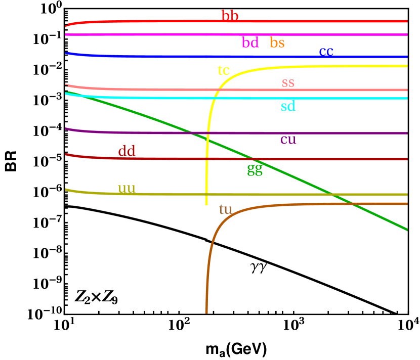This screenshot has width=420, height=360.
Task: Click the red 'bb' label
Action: pos(230,16)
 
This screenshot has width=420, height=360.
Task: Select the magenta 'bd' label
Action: pos(250,43)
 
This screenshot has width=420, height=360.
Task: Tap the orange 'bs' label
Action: pos(277,43)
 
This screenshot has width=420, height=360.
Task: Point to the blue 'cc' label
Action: pos(326,51)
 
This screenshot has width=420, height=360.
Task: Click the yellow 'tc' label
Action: pos(224,70)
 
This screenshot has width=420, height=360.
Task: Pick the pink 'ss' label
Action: pos(288,82)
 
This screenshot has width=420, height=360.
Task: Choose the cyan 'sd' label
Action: pos(288,106)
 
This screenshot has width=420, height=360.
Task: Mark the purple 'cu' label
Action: pos(288,140)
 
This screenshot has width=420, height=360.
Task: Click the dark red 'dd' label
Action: pos(127,151)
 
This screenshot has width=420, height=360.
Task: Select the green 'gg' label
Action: pos(255,169)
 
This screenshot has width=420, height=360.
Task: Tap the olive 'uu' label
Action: pos(127,189)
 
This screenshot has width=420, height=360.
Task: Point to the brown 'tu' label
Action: pos(225,209)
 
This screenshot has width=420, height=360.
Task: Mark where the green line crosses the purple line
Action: pos(191,133)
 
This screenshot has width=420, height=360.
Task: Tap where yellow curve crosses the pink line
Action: pos(218,90)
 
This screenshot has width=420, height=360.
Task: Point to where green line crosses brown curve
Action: pos(352,204)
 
